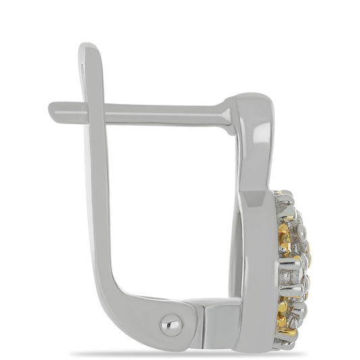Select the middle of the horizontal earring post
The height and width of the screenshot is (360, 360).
(162, 111)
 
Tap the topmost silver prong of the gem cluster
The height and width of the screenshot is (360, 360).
(286, 196)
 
